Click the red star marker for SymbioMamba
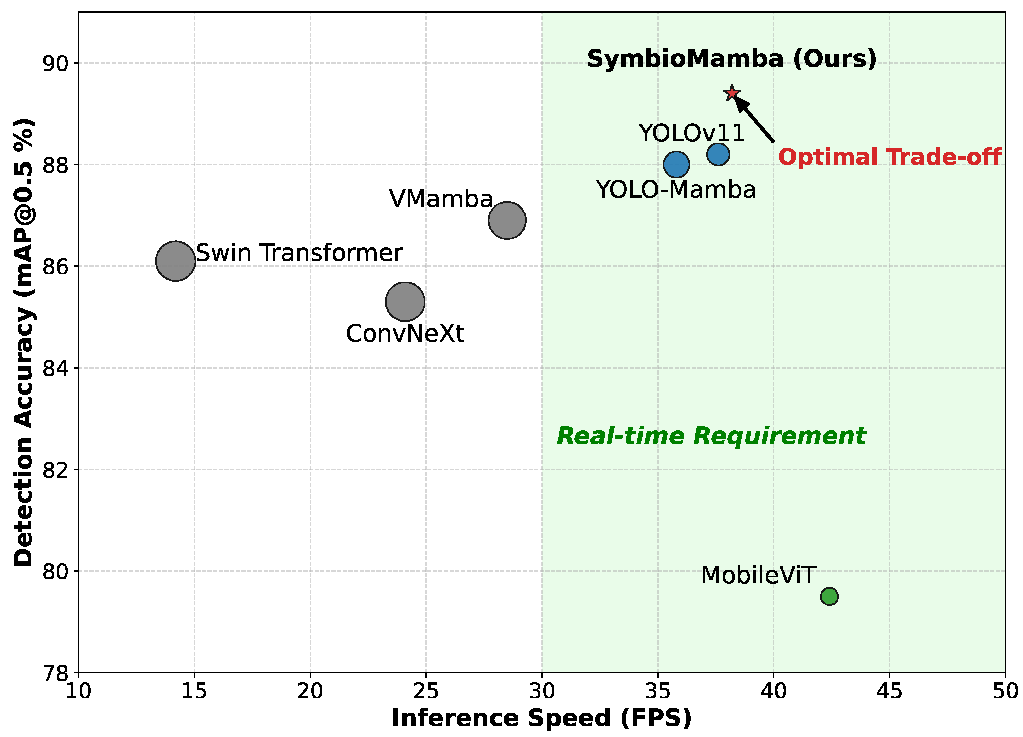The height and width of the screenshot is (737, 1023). pyautogui.click(x=731, y=93)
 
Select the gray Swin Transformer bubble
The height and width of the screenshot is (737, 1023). pyautogui.click(x=175, y=261)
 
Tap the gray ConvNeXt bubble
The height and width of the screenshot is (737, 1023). pyautogui.click(x=405, y=301)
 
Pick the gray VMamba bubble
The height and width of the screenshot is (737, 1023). pyautogui.click(x=507, y=220)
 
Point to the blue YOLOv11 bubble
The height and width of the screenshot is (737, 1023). pyautogui.click(x=718, y=154)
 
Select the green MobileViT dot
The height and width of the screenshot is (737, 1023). pyautogui.click(x=829, y=596)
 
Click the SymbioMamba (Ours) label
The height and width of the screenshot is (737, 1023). pyautogui.click(x=731, y=59)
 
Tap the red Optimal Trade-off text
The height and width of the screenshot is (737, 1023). pyautogui.click(x=889, y=157)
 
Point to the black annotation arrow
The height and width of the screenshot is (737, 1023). pyautogui.click(x=754, y=119)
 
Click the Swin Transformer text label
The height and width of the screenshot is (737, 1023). pyautogui.click(x=299, y=253)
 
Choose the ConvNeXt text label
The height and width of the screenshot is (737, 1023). pyautogui.click(x=405, y=334)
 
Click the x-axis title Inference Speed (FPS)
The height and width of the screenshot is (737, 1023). pyautogui.click(x=541, y=718)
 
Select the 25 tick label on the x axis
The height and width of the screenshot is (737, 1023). pyautogui.click(x=426, y=691)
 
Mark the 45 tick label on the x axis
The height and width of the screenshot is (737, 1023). pyautogui.click(x=889, y=691)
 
